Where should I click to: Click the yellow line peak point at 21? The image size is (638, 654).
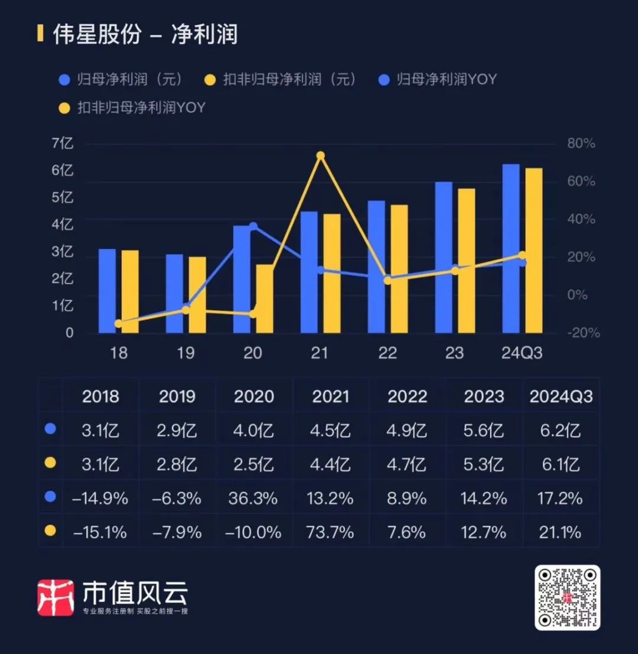(x=320, y=156)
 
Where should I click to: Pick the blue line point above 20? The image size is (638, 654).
(x=253, y=226)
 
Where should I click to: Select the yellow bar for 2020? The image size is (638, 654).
(x=264, y=298)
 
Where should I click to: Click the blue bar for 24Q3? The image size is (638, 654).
(x=511, y=248)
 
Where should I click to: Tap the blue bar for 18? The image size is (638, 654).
(x=107, y=291)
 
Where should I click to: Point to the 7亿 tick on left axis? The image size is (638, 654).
(x=63, y=144)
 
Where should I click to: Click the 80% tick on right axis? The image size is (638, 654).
(x=581, y=144)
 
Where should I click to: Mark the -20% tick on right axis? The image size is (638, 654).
(x=581, y=333)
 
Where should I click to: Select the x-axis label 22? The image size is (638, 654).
(x=388, y=353)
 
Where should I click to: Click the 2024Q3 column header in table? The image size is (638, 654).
(x=561, y=396)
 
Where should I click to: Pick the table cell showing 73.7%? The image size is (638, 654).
(x=330, y=532)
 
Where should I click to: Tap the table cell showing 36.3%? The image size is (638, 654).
(x=253, y=498)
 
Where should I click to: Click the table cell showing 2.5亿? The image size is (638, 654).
(x=253, y=464)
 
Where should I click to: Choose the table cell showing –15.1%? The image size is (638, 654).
(x=100, y=532)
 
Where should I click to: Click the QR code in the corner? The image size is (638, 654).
(x=568, y=597)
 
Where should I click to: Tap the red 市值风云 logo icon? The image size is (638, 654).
(x=56, y=597)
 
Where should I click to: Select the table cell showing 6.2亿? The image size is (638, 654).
(x=561, y=430)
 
